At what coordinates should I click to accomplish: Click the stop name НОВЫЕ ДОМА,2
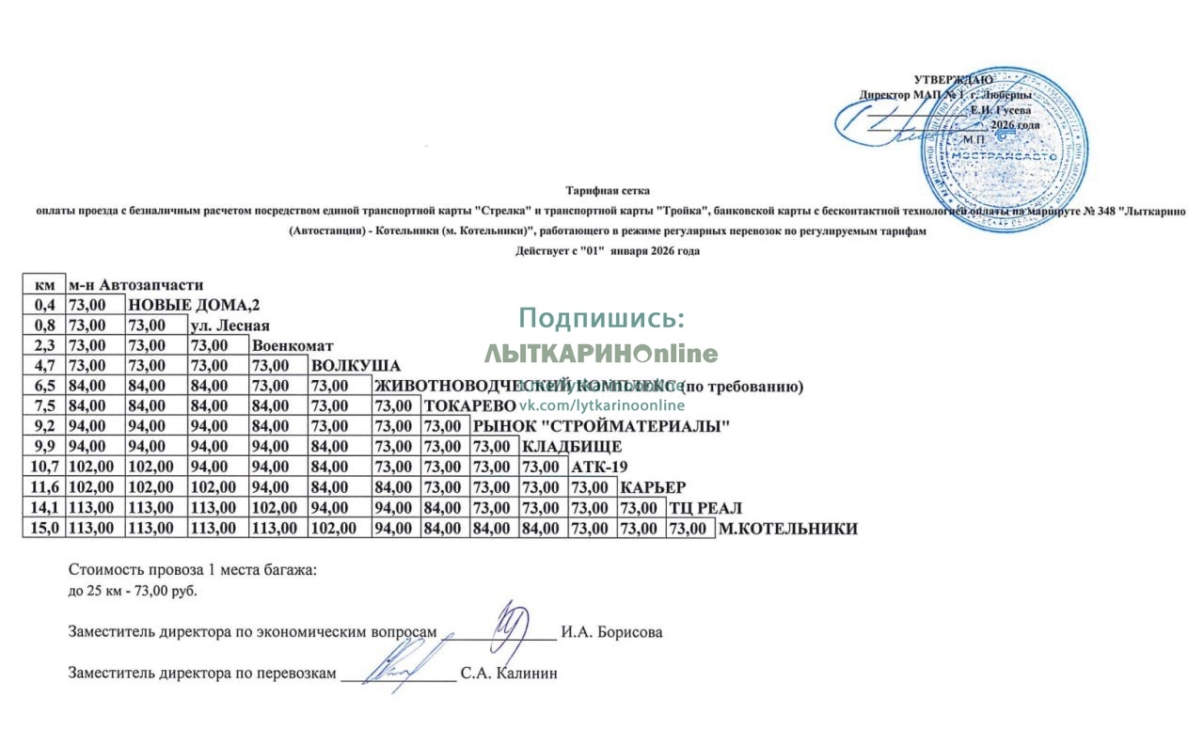click(194, 304)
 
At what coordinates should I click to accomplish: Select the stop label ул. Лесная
click(229, 325)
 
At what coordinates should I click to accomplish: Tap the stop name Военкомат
click(293, 345)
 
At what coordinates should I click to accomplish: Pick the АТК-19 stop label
click(599, 467)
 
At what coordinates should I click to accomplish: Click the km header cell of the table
click(44, 284)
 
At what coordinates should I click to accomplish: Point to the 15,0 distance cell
click(44, 529)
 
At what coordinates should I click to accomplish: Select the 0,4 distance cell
click(44, 304)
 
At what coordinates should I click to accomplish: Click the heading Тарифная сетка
click(608, 191)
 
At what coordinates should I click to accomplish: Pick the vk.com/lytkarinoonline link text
click(601, 405)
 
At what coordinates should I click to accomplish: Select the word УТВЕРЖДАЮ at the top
click(952, 80)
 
